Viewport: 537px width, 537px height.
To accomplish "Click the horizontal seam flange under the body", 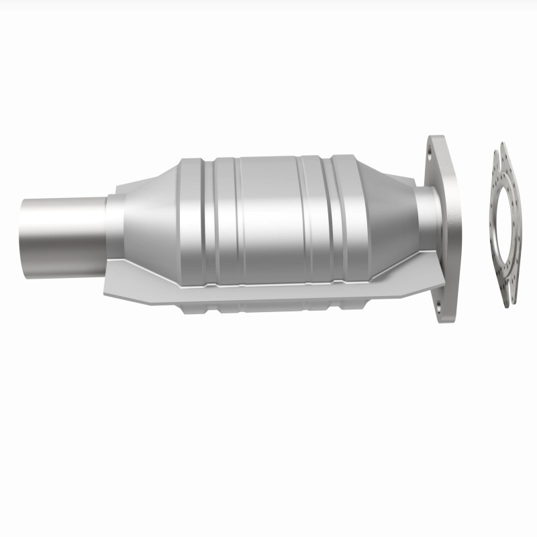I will tap(268, 289).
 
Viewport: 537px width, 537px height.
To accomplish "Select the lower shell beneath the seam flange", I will tap(268, 306).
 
